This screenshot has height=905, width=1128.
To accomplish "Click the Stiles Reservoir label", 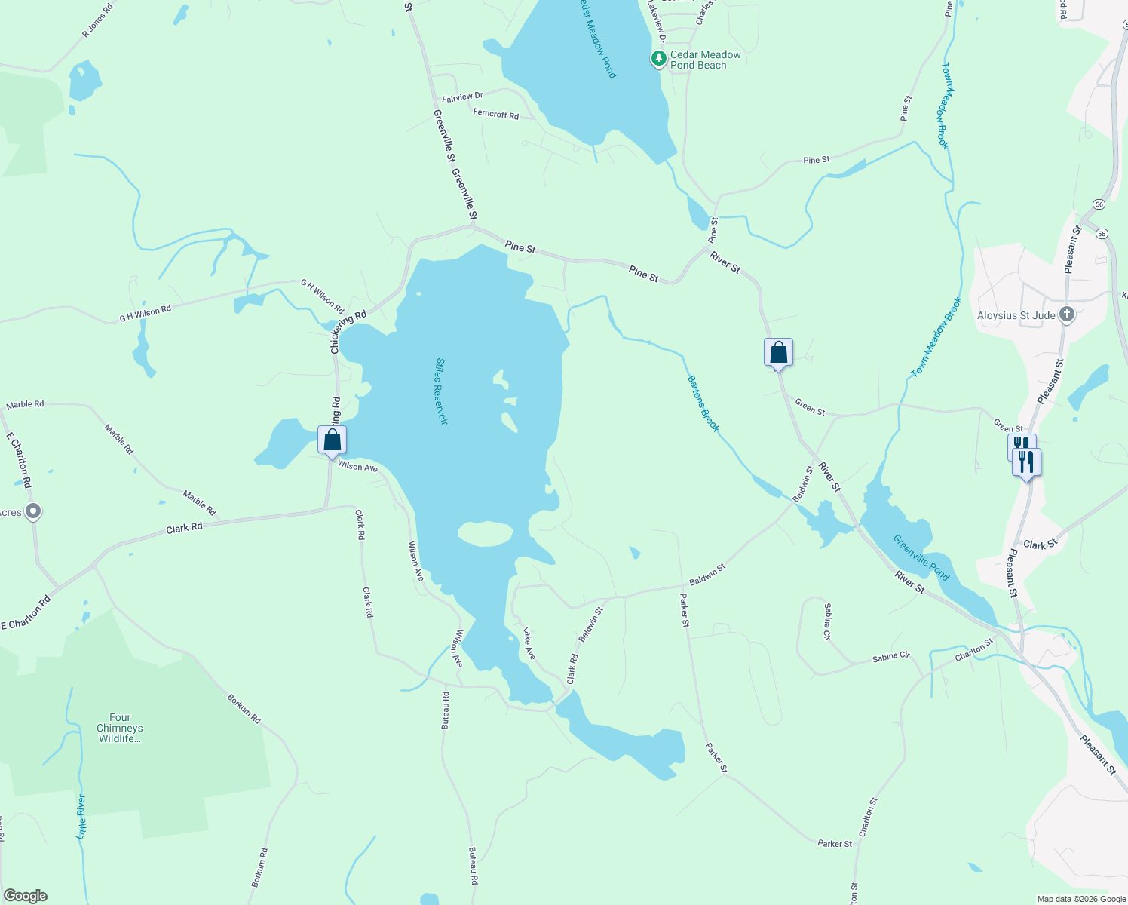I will click(x=441, y=391).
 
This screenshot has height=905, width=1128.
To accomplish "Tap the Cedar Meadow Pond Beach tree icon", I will click(x=659, y=58).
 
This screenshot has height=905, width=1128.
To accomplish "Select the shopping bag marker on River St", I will click(x=778, y=352).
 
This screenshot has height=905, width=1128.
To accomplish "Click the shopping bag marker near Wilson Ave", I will click(x=332, y=440).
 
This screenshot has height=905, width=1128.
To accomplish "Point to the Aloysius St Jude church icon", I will click(x=1066, y=314).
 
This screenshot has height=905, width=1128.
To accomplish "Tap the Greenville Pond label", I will click(x=921, y=558).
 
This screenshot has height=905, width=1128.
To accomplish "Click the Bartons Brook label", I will click(x=703, y=403).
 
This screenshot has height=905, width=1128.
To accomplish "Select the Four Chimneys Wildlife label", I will click(x=120, y=728).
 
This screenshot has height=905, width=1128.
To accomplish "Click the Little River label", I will click(x=81, y=817).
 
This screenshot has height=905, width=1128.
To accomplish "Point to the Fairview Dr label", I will click(x=461, y=97).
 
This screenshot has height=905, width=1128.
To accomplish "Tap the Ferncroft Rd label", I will click(x=495, y=114).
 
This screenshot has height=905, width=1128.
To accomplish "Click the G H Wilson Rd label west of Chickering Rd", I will click(x=145, y=314).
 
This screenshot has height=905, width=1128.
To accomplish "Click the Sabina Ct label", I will click(x=827, y=621).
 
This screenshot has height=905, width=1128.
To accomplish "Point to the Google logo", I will click(x=26, y=896).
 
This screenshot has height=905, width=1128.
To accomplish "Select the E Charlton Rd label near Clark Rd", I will click(x=26, y=613).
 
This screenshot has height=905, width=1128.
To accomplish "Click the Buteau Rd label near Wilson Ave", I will click(x=446, y=710).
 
